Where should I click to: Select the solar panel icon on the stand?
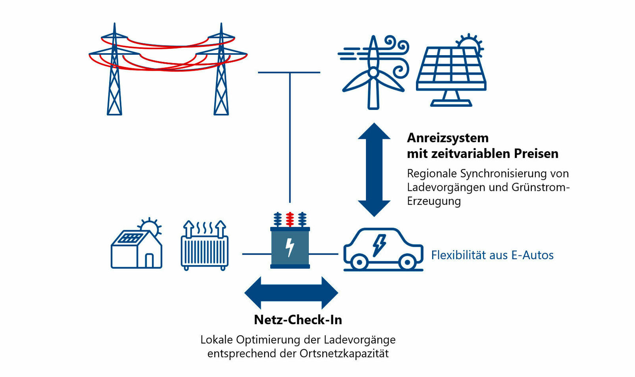(451, 71)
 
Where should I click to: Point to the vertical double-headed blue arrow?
(374, 169)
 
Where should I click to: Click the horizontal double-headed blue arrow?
(291, 293)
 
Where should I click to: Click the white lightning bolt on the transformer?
(290, 247)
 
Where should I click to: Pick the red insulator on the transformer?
(290, 219)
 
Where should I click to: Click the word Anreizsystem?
(448, 138)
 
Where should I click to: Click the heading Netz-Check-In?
(298, 320)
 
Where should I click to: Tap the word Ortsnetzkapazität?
(344, 354)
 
